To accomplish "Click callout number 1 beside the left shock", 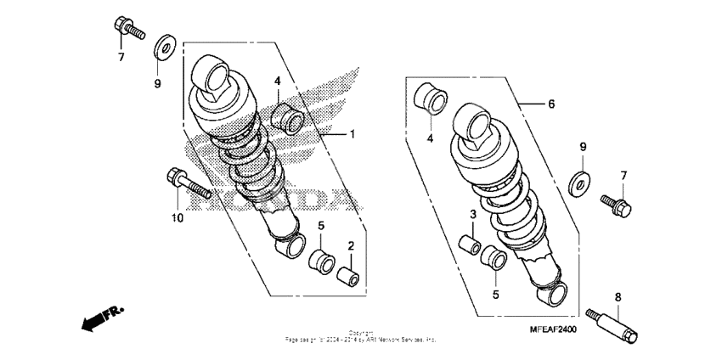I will point(353,135).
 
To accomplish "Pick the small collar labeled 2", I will point(347,277).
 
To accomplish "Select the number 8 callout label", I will point(618,297).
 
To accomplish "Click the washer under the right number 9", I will point(580,182).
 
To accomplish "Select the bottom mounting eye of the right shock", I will point(558,291).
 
